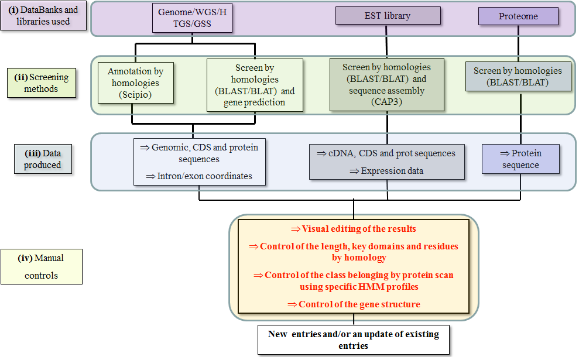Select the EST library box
pyautogui.click(x=387, y=16)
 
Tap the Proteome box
pyautogui.click(x=518, y=16)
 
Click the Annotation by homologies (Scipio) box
pyautogui.click(x=135, y=83)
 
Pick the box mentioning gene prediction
pyautogui.click(x=255, y=85)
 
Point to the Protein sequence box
pyautogui.click(x=520, y=159)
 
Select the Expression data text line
pyautogui.click(x=386, y=171)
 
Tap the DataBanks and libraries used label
pyautogui.click(x=43, y=16)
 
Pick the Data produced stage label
pyautogui.click(x=42, y=159)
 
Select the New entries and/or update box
pyautogui.click(x=354, y=340)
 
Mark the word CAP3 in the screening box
pyautogui.click(x=386, y=103)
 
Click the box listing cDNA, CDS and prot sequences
pyautogui.click(x=386, y=161)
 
